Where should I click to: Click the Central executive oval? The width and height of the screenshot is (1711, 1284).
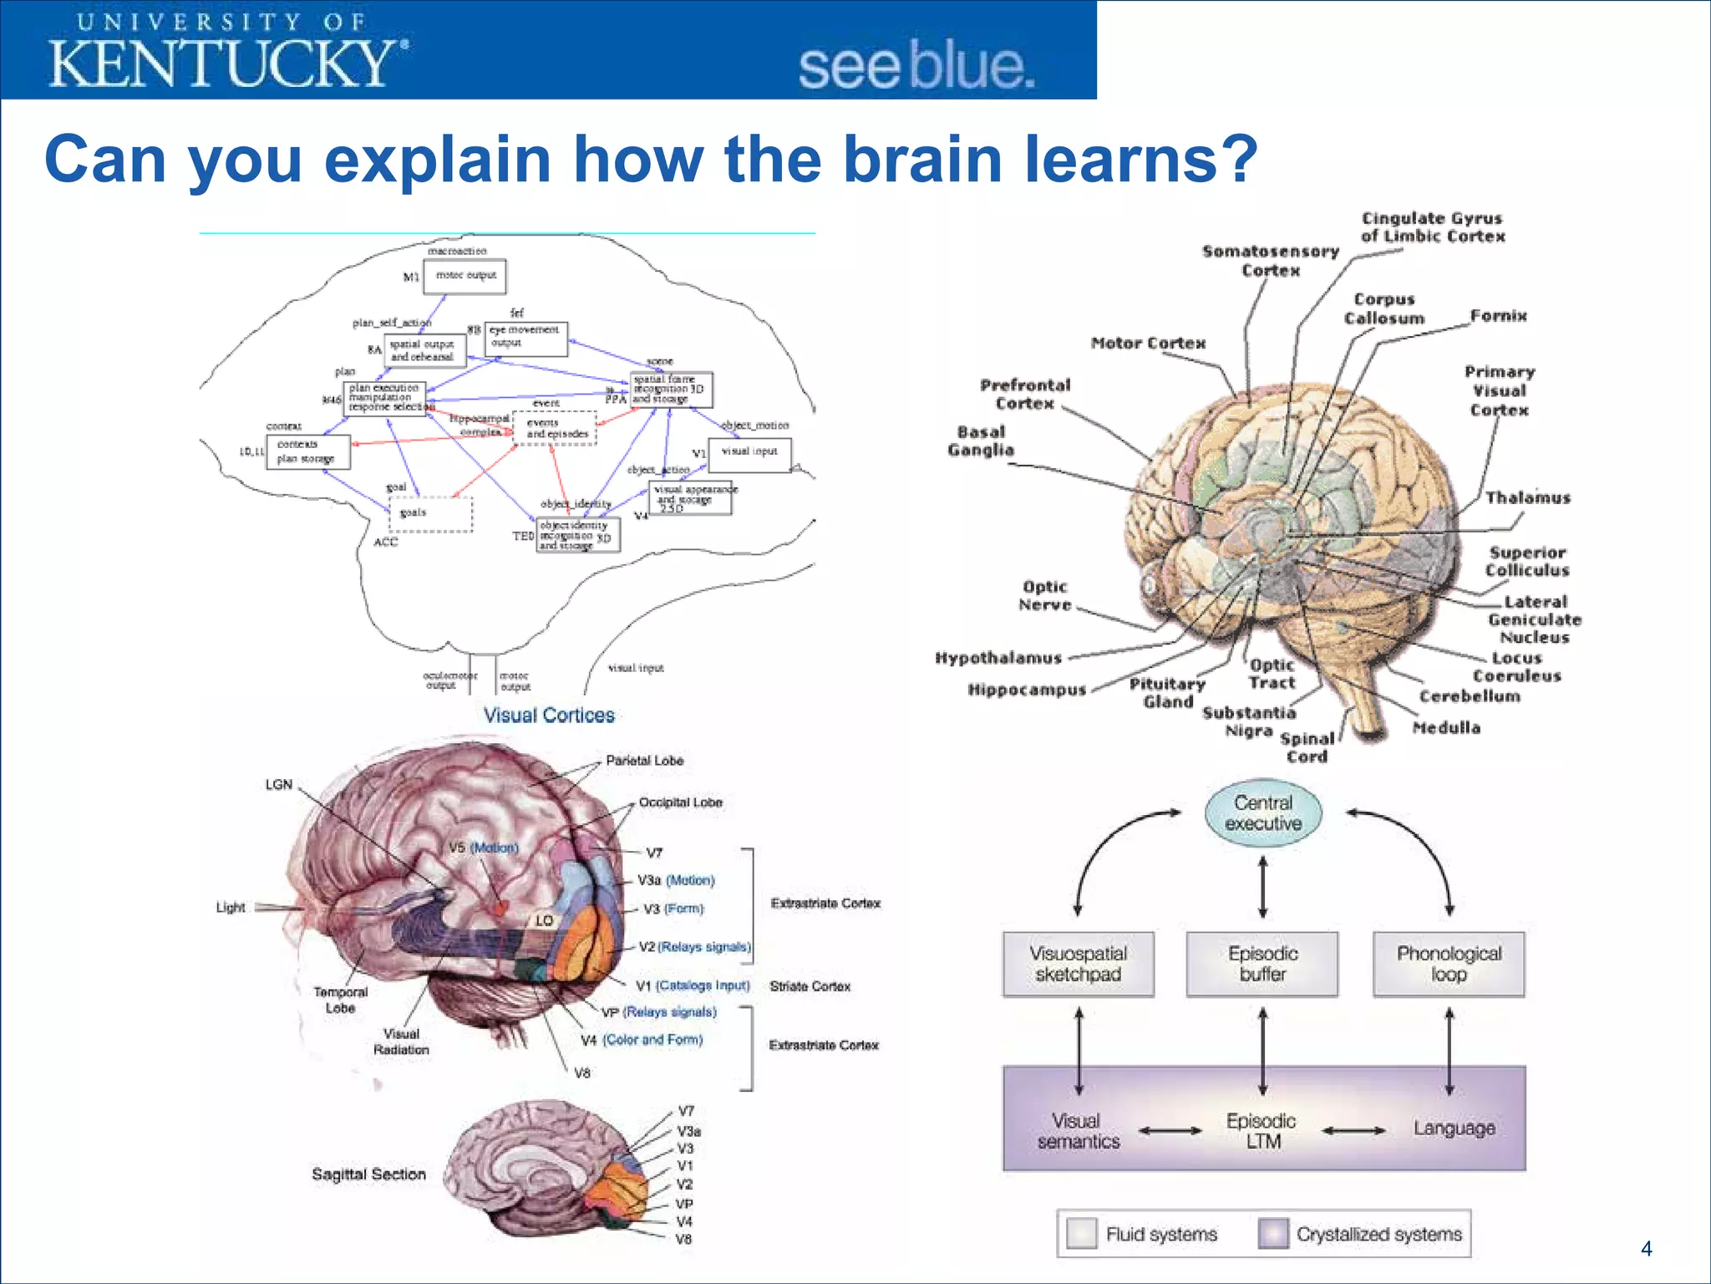tap(1263, 813)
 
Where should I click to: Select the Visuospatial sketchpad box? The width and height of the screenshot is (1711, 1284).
tap(1078, 964)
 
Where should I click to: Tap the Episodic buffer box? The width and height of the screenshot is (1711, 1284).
tap(1262, 964)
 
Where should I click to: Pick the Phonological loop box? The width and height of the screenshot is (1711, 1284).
tap(1449, 964)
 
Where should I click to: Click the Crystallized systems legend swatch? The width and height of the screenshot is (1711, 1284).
tap(1273, 1234)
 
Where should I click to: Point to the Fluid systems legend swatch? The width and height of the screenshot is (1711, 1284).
tap(1082, 1234)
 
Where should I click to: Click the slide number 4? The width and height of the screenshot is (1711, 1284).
tap(1646, 1249)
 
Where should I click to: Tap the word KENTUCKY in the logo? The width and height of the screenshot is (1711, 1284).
tap(222, 64)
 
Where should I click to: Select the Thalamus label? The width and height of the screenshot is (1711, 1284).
tap(1527, 498)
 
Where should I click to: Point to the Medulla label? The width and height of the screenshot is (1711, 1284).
tap(1446, 728)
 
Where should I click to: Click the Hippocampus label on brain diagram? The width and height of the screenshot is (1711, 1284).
tap(1027, 690)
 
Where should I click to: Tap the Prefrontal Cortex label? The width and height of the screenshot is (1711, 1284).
tap(1024, 395)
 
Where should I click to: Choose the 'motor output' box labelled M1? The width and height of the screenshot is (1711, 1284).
tap(465, 276)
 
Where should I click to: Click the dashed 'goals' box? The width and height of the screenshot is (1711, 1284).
tap(431, 514)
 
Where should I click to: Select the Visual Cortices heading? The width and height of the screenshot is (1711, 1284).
tap(549, 716)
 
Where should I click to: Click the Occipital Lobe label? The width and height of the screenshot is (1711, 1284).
tap(680, 802)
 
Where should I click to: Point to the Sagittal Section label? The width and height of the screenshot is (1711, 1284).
tap(368, 1174)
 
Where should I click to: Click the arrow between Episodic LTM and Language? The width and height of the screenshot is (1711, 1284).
tap(1353, 1131)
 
